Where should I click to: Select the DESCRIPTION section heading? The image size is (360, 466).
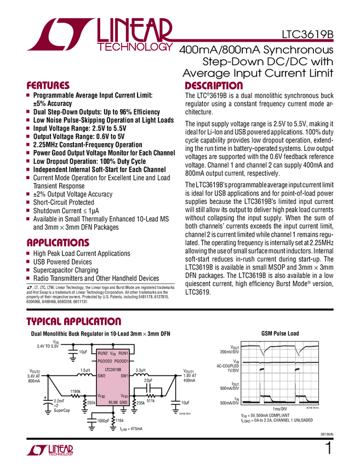(x=214, y=86)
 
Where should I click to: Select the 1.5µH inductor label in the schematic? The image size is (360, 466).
(x=85, y=371)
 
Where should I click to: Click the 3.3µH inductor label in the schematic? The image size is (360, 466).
(x=140, y=371)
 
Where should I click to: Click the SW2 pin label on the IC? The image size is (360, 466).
(x=101, y=377)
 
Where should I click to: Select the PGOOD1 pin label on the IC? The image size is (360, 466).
(x=121, y=361)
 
